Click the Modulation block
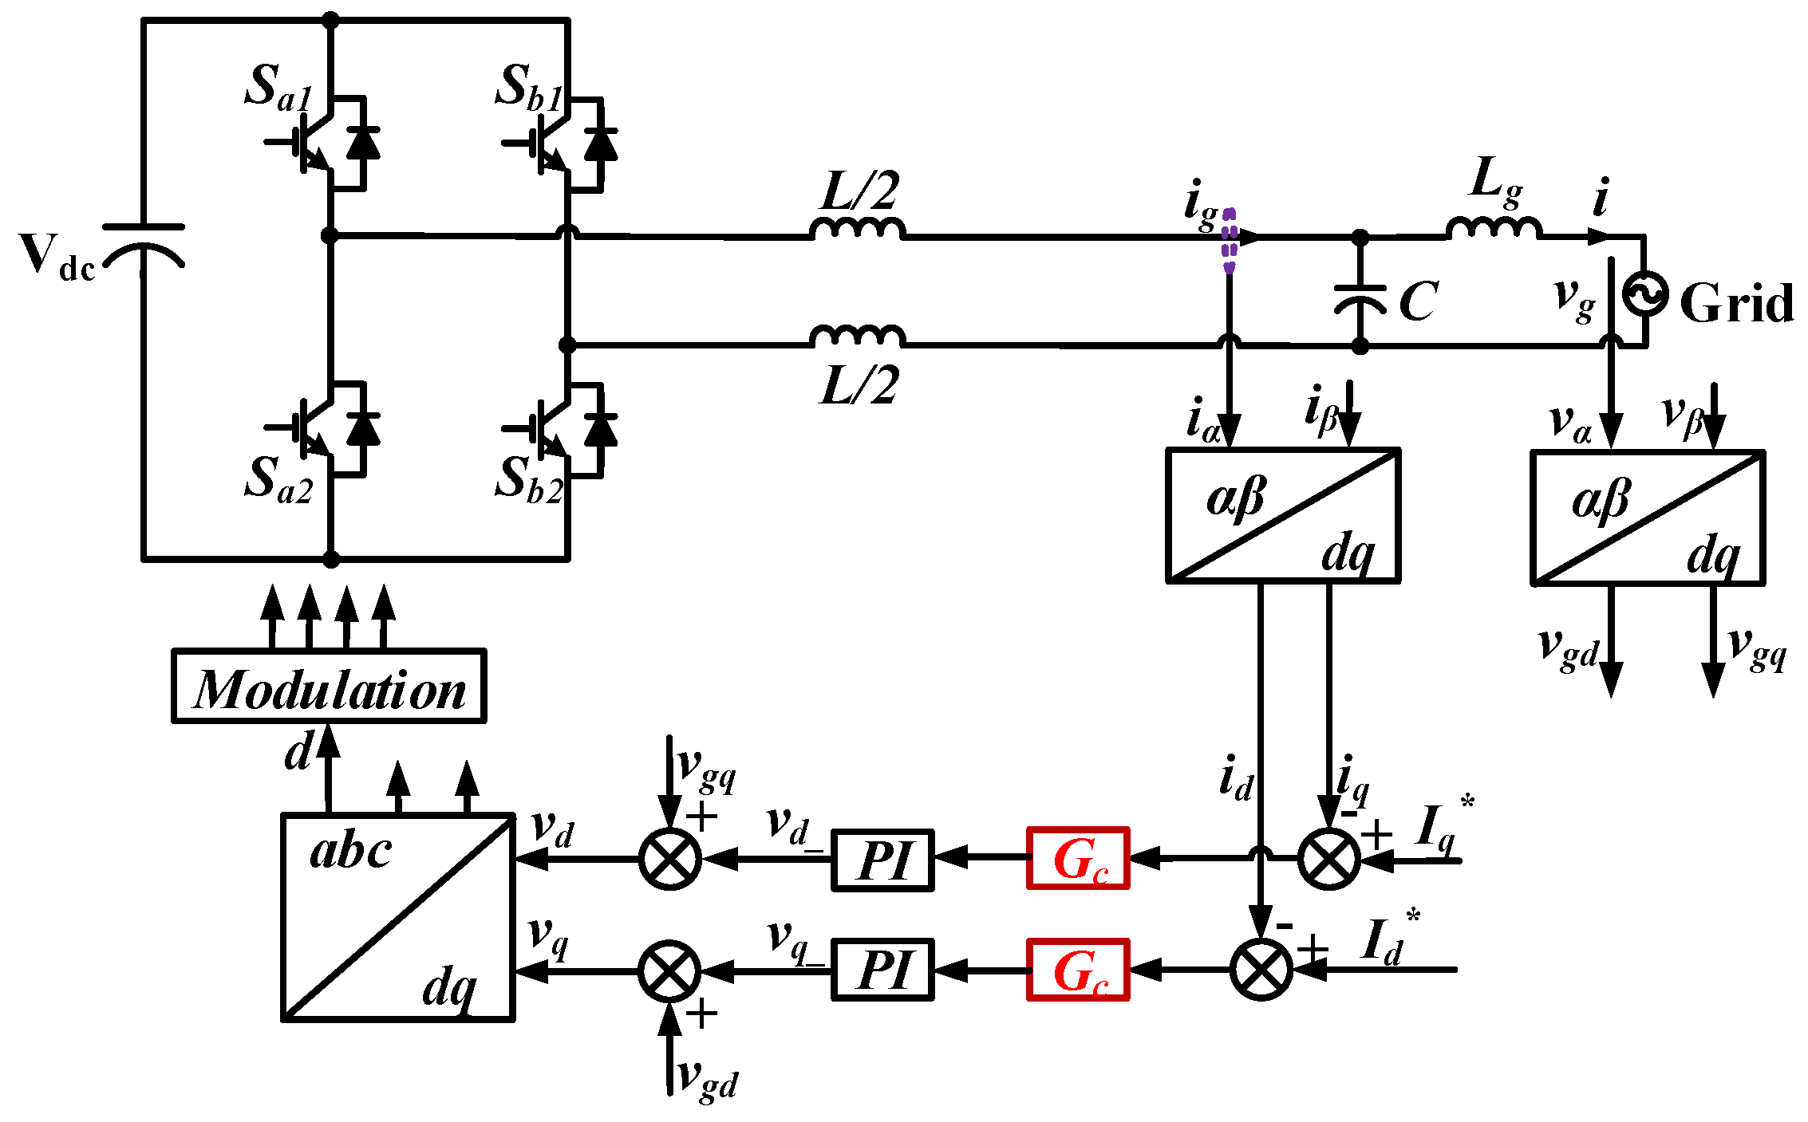tap(329, 687)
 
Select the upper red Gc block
tap(1078, 858)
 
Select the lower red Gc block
tap(1078, 970)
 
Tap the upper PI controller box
tap(882, 860)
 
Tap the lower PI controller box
tap(882, 970)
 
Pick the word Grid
tap(1736, 303)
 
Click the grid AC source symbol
tap(1646, 293)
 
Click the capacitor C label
tap(1419, 301)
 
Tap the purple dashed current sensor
tap(1229, 240)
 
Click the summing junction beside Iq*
tap(1328, 859)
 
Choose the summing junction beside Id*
tap(1261, 970)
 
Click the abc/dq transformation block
tap(397, 917)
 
